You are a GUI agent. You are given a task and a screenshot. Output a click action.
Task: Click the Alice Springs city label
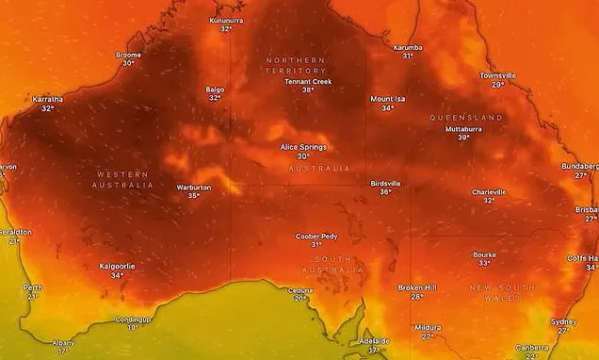303,148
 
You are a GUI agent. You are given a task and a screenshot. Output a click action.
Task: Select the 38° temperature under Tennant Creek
308,90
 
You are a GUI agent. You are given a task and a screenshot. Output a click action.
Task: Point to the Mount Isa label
388,99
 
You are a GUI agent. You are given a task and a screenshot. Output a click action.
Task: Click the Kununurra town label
226,20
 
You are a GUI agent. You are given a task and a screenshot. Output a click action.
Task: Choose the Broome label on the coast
128,55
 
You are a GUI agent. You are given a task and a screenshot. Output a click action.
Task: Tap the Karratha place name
47,99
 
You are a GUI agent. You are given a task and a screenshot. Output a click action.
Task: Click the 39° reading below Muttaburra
463,138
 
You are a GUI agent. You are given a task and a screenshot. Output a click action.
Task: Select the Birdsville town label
386,183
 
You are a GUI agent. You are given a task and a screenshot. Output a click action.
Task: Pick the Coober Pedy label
316,236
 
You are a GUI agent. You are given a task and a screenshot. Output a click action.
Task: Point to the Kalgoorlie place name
117,267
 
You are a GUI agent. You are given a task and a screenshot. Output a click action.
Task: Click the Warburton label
194,188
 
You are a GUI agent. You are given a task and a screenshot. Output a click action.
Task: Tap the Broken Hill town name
416,287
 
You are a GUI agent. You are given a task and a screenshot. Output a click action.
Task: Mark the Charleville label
489,191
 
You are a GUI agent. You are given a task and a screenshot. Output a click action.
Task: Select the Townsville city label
497,75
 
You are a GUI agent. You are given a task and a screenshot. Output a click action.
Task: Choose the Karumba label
408,46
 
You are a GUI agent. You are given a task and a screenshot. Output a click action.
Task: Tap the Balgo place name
215,90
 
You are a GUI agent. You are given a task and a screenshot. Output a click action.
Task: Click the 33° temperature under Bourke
484,264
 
